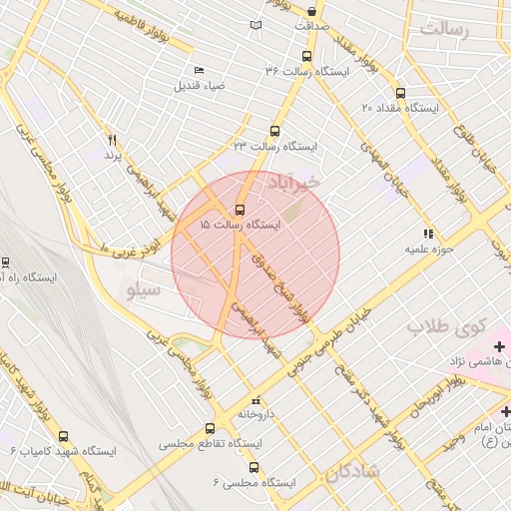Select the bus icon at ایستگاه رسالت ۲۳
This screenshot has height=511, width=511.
[275, 131]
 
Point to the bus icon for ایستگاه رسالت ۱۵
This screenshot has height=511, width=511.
[240, 210]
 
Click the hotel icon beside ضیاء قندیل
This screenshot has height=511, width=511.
[199, 70]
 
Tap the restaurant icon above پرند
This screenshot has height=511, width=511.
[113, 141]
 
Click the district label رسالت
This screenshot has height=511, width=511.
[444, 30]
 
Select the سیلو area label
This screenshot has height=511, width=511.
[139, 291]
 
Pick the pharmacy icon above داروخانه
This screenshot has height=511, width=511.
[255, 396]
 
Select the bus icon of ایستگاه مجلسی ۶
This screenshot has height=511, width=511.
[252, 467]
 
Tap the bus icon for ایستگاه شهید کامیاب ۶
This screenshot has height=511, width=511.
[64, 436]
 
